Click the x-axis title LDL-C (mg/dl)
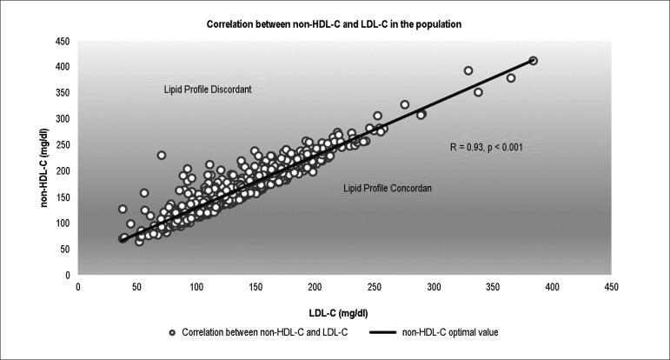(343, 310)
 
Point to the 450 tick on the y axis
(63, 40)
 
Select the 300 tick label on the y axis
(63, 118)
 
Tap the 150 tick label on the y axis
(63, 197)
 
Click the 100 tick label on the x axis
(196, 285)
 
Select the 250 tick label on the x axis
(375, 285)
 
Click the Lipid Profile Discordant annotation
(208, 90)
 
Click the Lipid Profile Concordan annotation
(388, 187)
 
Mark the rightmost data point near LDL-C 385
(533, 60)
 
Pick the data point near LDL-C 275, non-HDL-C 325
(404, 104)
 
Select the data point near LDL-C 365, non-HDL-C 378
(511, 78)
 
